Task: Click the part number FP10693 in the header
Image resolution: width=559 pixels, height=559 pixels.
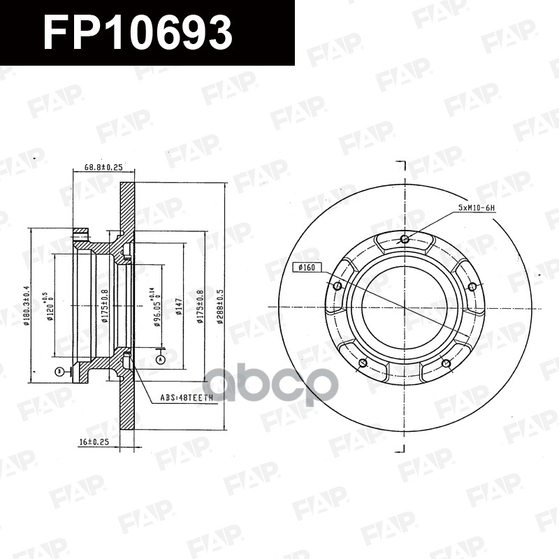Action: (137, 32)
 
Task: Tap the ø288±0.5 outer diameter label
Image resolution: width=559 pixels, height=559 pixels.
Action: (221, 307)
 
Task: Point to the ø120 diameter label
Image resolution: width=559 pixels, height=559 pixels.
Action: (50, 307)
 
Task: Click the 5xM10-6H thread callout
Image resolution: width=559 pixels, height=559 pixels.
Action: (475, 208)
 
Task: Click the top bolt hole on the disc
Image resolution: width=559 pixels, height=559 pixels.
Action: (405, 240)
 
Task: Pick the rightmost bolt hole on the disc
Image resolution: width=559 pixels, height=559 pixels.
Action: (472, 286)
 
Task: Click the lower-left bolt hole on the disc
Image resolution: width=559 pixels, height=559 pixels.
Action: (363, 362)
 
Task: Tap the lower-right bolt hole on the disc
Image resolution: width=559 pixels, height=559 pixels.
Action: (445, 362)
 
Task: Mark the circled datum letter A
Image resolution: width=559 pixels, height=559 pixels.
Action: (160, 358)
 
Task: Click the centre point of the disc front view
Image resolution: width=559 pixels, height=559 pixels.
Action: (405, 307)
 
